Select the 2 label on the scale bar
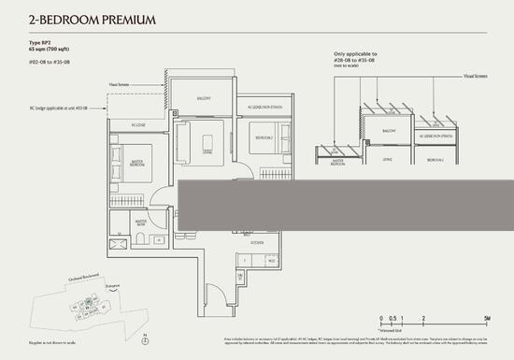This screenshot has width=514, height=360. point(423,319)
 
